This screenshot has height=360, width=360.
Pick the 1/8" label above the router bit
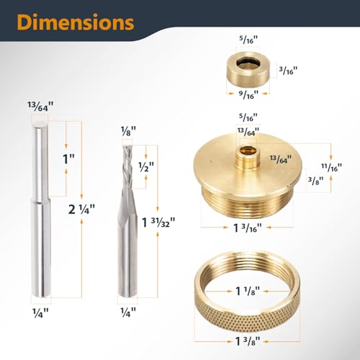pos(127,132)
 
